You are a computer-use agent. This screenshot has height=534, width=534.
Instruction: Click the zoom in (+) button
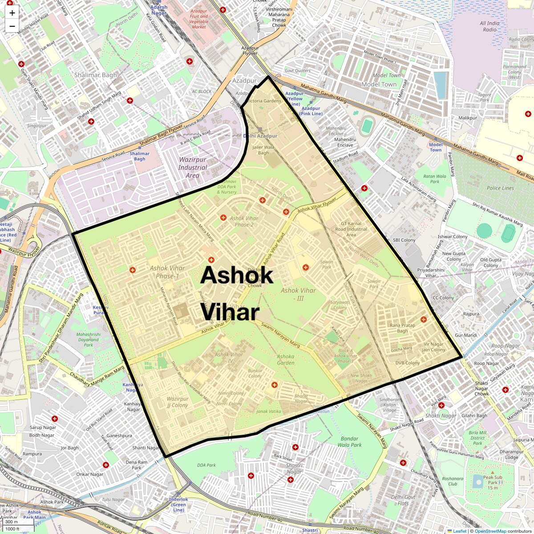(12, 13)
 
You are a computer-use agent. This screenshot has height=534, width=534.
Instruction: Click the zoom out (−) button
(12, 26)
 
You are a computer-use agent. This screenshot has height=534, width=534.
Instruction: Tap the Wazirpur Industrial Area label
(193, 167)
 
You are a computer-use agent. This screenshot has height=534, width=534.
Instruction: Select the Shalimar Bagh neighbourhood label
(95, 75)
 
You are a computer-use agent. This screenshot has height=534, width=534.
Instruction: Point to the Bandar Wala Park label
(349, 442)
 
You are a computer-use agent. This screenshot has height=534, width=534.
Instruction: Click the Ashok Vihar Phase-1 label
(167, 272)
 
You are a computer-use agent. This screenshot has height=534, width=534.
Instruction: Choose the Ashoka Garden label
(286, 360)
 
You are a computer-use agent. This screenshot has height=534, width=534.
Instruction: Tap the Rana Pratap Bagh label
(402, 328)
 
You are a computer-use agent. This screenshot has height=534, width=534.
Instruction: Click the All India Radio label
(489, 26)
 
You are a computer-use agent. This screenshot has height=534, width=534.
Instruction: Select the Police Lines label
(500, 188)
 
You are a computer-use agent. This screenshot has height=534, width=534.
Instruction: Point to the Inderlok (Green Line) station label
(178, 505)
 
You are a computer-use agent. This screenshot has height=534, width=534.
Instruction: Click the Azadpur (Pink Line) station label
(311, 111)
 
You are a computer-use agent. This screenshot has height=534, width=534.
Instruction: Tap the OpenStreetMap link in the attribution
(490, 531)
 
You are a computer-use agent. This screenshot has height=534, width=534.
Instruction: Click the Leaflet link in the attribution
(459, 531)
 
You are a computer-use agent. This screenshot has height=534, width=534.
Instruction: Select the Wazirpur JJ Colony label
(178, 402)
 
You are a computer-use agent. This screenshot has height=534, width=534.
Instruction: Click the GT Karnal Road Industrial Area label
(351, 229)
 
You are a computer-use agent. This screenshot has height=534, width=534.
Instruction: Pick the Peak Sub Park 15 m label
(493, 482)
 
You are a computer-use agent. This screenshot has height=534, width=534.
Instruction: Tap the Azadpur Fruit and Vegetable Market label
(199, 19)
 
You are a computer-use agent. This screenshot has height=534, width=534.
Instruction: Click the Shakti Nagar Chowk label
(481, 388)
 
